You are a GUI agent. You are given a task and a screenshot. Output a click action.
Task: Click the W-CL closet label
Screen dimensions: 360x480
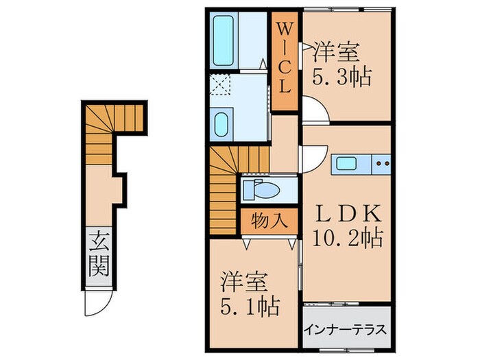coord(285,58)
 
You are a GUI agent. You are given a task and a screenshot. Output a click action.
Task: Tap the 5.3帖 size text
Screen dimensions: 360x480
coord(342,76)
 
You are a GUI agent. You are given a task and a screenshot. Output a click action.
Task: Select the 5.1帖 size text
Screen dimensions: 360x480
coord(250,306)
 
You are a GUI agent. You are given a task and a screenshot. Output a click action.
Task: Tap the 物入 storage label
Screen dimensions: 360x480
coord(269,221)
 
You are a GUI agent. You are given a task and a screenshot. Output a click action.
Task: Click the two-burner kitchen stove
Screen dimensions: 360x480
coord(381,165)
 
